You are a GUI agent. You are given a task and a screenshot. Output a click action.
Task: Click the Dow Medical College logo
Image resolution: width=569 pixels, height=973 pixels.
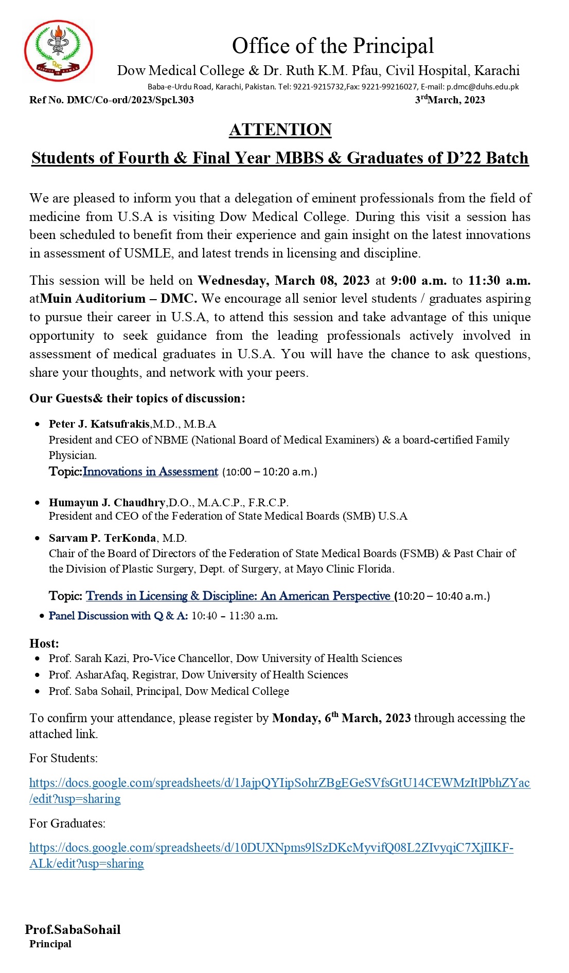pos(58,51)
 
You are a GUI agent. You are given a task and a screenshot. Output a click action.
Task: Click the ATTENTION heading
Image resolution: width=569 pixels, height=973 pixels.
pos(280,130)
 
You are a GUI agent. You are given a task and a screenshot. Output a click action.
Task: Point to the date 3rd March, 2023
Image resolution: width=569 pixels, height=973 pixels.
pos(450,100)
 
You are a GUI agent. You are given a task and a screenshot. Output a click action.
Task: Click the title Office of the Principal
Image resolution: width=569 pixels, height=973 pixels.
pos(333,46)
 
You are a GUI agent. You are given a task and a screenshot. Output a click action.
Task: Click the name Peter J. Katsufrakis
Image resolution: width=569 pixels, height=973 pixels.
pos(99,424)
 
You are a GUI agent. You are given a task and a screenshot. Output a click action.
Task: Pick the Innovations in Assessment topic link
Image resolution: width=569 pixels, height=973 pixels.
pos(150,472)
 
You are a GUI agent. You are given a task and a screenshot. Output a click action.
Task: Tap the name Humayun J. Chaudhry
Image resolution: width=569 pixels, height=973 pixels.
pos(107,502)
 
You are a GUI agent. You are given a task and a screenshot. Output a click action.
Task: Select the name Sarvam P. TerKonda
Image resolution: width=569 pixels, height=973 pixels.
pos(102,538)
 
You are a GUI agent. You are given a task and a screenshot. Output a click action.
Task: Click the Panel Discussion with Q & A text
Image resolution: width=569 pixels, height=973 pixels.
pos(118,616)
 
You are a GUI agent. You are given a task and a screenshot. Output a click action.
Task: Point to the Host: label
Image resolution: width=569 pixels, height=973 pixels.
pos(44,644)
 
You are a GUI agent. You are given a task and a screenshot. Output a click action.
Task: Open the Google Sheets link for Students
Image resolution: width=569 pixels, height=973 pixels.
pos(279,783)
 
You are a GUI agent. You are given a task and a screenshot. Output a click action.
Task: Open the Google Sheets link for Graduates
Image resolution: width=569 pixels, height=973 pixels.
pos(271,848)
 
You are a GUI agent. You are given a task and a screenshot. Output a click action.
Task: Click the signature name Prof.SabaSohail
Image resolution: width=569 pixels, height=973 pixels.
pos(73,929)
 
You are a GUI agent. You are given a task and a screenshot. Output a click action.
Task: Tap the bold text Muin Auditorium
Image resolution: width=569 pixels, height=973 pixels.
pos(93,299)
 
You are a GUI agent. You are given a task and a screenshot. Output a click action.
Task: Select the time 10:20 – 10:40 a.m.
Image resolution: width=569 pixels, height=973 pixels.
pos(443,596)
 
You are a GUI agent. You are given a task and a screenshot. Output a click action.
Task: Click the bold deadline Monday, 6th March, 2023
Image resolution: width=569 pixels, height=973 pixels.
pos(342,718)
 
